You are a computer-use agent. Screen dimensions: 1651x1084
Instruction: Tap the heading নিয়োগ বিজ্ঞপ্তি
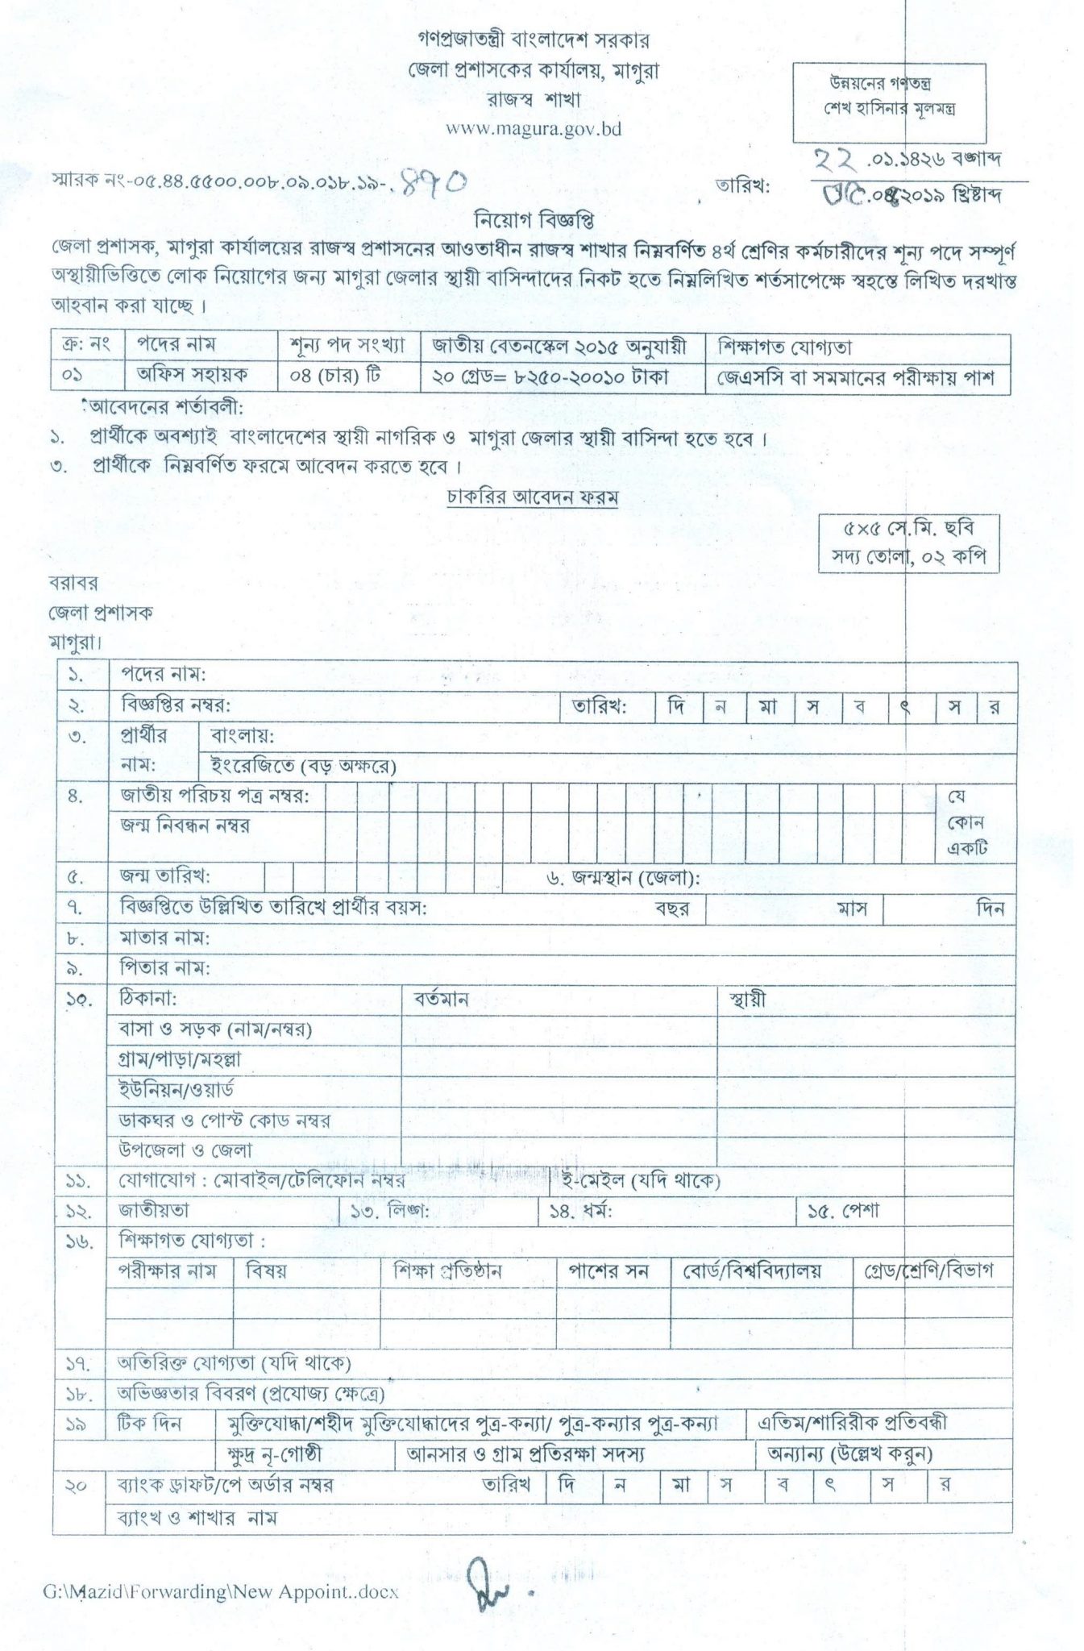tap(533, 218)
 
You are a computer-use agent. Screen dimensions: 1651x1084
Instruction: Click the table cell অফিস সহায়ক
tap(193, 375)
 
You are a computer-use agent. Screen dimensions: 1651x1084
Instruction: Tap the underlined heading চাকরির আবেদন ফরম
tap(533, 497)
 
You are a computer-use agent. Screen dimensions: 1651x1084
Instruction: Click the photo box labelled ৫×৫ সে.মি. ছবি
tap(908, 543)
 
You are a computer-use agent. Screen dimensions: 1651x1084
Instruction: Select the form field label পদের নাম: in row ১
tap(163, 674)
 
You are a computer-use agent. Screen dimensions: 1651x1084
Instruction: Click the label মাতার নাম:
tap(164, 938)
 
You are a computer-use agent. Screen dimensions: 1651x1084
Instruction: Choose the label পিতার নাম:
tap(164, 968)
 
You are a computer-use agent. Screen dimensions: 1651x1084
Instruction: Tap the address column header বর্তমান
tap(441, 1000)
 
